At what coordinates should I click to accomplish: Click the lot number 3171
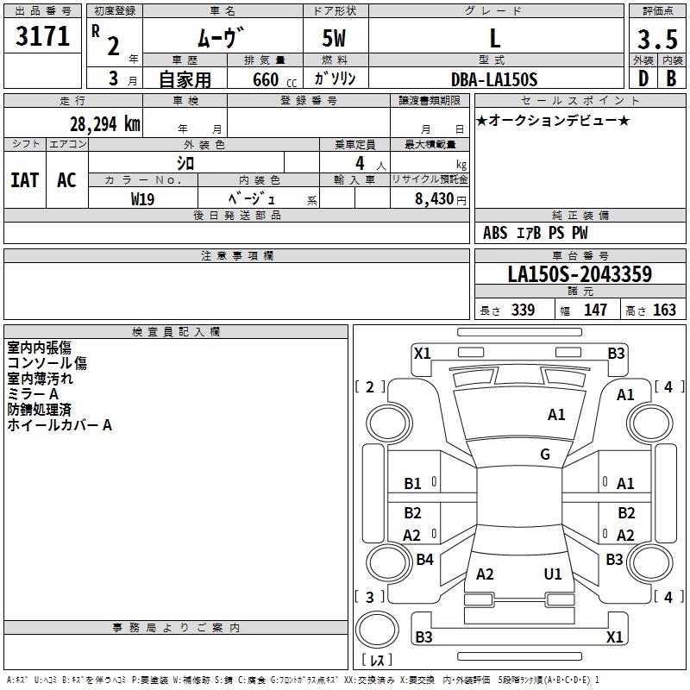tap(43, 36)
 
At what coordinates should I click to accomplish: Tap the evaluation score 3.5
tap(655, 39)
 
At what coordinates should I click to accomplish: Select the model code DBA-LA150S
tap(494, 79)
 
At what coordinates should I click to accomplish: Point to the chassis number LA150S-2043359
tap(579, 275)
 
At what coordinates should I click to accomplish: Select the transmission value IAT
tap(24, 180)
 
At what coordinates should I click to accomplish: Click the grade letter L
tap(494, 38)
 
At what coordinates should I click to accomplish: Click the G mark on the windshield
tap(545, 455)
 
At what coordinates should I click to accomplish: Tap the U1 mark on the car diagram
tap(553, 574)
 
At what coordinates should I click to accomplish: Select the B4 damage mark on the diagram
tap(424, 560)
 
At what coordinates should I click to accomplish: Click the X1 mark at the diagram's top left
tap(423, 353)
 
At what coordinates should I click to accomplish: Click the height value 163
tap(664, 310)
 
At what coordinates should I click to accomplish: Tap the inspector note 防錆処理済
tap(39, 410)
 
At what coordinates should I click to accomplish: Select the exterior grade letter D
tap(643, 78)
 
